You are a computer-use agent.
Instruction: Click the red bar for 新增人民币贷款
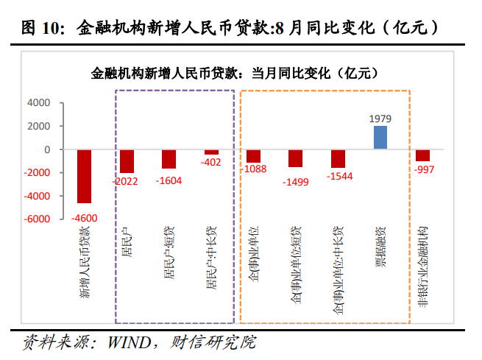[x=84, y=176]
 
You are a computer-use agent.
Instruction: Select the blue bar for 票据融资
[x=380, y=138]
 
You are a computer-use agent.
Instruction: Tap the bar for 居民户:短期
[x=169, y=159]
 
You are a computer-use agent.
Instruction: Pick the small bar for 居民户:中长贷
[x=211, y=152]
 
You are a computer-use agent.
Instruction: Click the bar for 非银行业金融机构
[x=422, y=155]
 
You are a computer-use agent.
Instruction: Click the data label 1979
[x=380, y=118]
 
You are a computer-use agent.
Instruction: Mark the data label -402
[x=211, y=162]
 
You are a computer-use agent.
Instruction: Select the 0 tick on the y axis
[x=46, y=149]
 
